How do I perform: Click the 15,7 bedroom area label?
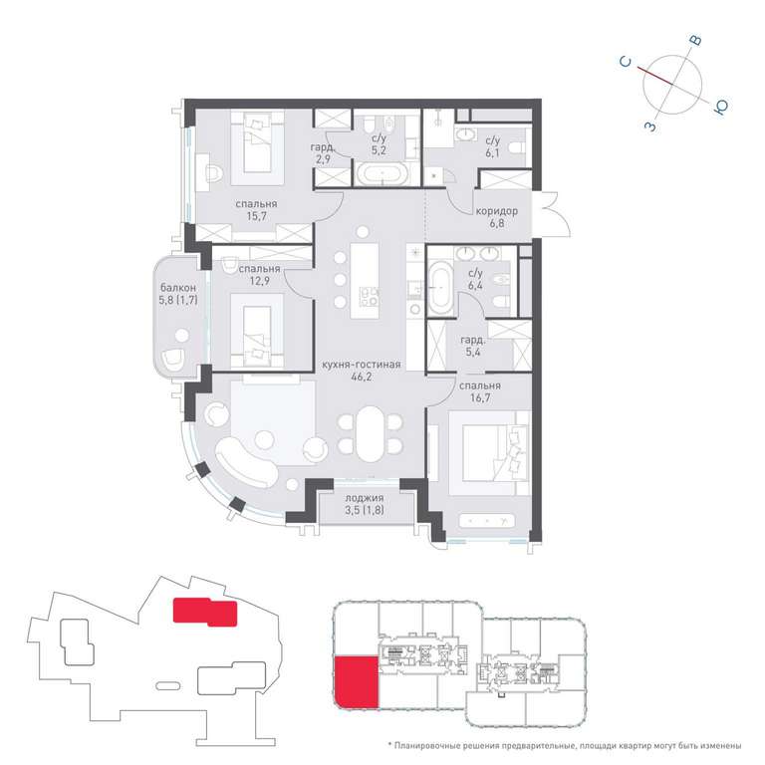pyautogui.click(x=256, y=216)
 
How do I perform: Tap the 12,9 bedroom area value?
pyautogui.click(x=259, y=281)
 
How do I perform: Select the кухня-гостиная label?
pyautogui.click(x=361, y=365)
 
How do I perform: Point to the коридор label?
pyautogui.click(x=497, y=211)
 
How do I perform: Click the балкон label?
pyautogui.click(x=178, y=288)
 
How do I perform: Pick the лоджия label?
pyautogui.click(x=365, y=498)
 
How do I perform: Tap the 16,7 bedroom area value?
pyautogui.click(x=480, y=398)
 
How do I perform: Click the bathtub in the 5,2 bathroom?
pyautogui.click(x=382, y=173)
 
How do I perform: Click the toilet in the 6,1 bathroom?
pyautogui.click(x=516, y=146)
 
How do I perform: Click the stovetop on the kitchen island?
pyautogui.click(x=370, y=294)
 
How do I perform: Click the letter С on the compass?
pyautogui.click(x=625, y=62)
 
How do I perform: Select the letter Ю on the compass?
pyautogui.click(x=720, y=107)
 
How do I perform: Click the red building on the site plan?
pyautogui.click(x=205, y=612)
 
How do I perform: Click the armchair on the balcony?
pyautogui.click(x=173, y=360)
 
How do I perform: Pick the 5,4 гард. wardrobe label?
pyautogui.click(x=472, y=346)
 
